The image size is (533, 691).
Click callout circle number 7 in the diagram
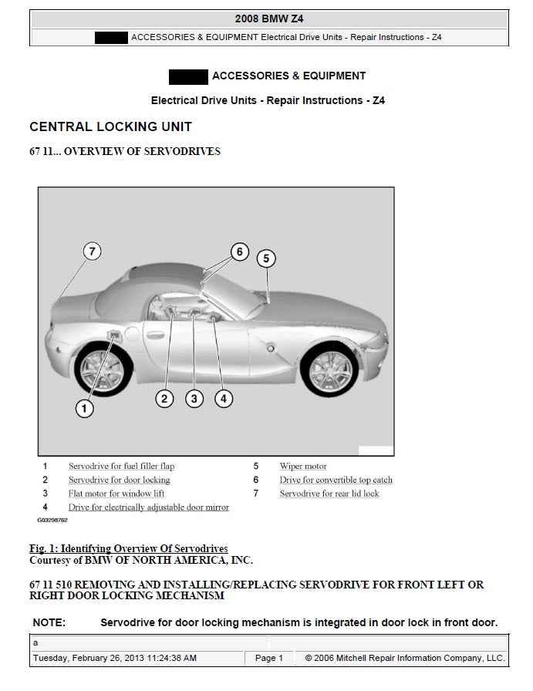92,251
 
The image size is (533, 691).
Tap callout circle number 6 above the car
239,251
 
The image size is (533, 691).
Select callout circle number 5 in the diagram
266,258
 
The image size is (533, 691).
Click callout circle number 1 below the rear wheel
84,409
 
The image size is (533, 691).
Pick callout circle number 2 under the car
164,399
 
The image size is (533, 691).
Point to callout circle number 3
194,399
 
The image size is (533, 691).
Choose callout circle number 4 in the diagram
223,399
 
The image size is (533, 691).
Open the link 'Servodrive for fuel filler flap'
121,466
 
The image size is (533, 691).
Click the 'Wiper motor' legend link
303,466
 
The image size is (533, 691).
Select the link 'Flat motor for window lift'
116,494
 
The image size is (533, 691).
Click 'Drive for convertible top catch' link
336,480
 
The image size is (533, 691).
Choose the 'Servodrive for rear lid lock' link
329,494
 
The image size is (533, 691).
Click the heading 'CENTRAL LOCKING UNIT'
110,126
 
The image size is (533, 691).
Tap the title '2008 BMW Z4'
269,19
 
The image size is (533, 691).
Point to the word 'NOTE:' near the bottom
49,622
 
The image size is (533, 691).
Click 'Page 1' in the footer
269,658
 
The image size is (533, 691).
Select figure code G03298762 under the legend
52,521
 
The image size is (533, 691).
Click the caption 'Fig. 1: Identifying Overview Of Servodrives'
128,548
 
